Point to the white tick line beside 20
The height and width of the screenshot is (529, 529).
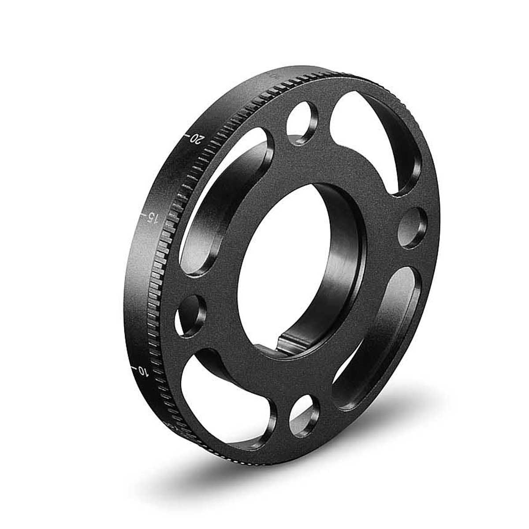187,133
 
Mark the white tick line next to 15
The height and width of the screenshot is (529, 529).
142,215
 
